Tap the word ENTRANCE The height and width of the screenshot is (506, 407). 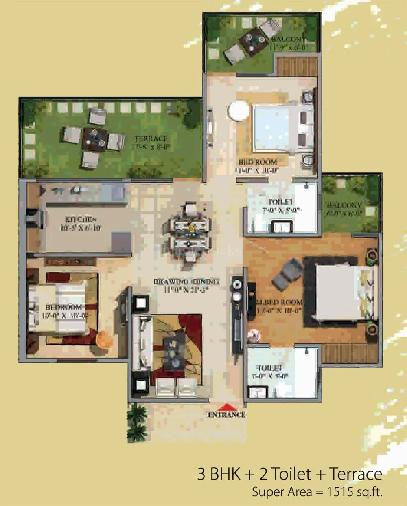pos(227,415)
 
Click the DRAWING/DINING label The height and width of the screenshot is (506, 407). pos(186,282)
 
